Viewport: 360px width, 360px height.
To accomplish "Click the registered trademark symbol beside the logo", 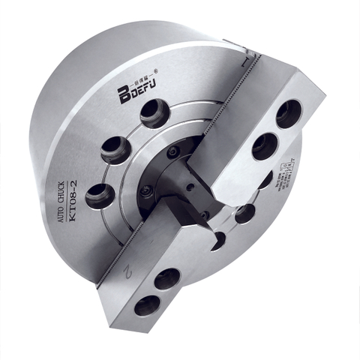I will tap(154, 72).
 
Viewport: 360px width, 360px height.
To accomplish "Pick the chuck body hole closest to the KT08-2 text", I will tap(100, 196).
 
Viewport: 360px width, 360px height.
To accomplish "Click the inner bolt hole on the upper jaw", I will tap(265, 145).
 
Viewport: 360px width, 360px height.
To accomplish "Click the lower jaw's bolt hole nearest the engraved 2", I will tap(166, 278).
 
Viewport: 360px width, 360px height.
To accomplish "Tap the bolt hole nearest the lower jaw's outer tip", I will tap(147, 304).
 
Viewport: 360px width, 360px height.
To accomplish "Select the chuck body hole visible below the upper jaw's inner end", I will tap(244, 214).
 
